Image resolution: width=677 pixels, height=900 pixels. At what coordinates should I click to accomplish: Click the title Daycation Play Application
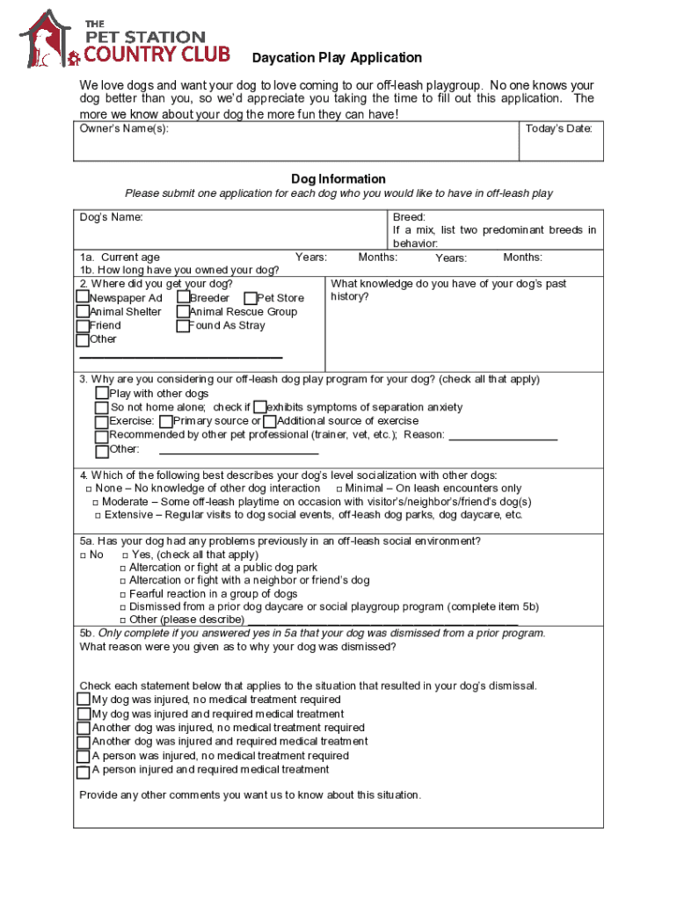click(x=337, y=58)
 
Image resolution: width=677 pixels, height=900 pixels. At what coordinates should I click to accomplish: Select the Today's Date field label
click(x=558, y=129)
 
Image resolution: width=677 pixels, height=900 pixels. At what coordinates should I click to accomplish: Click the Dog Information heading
click(x=338, y=178)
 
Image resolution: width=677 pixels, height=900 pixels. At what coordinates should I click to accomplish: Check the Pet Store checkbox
click(x=251, y=299)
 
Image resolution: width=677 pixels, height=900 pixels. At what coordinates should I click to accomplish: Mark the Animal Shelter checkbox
click(x=83, y=312)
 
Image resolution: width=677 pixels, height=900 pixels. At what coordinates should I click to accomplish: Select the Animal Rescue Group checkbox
click(x=183, y=312)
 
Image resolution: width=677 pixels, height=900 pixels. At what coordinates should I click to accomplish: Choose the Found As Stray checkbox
click(x=183, y=326)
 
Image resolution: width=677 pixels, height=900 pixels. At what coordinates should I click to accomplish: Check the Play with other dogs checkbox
click(x=102, y=394)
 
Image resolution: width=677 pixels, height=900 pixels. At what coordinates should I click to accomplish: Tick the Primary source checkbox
click(x=166, y=422)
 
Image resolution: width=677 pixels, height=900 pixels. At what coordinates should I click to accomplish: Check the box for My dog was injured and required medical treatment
click(x=84, y=715)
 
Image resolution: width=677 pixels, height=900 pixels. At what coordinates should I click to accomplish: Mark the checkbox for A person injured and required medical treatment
click(x=84, y=771)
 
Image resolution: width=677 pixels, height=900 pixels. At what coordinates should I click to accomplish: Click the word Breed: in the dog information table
click(x=409, y=217)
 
